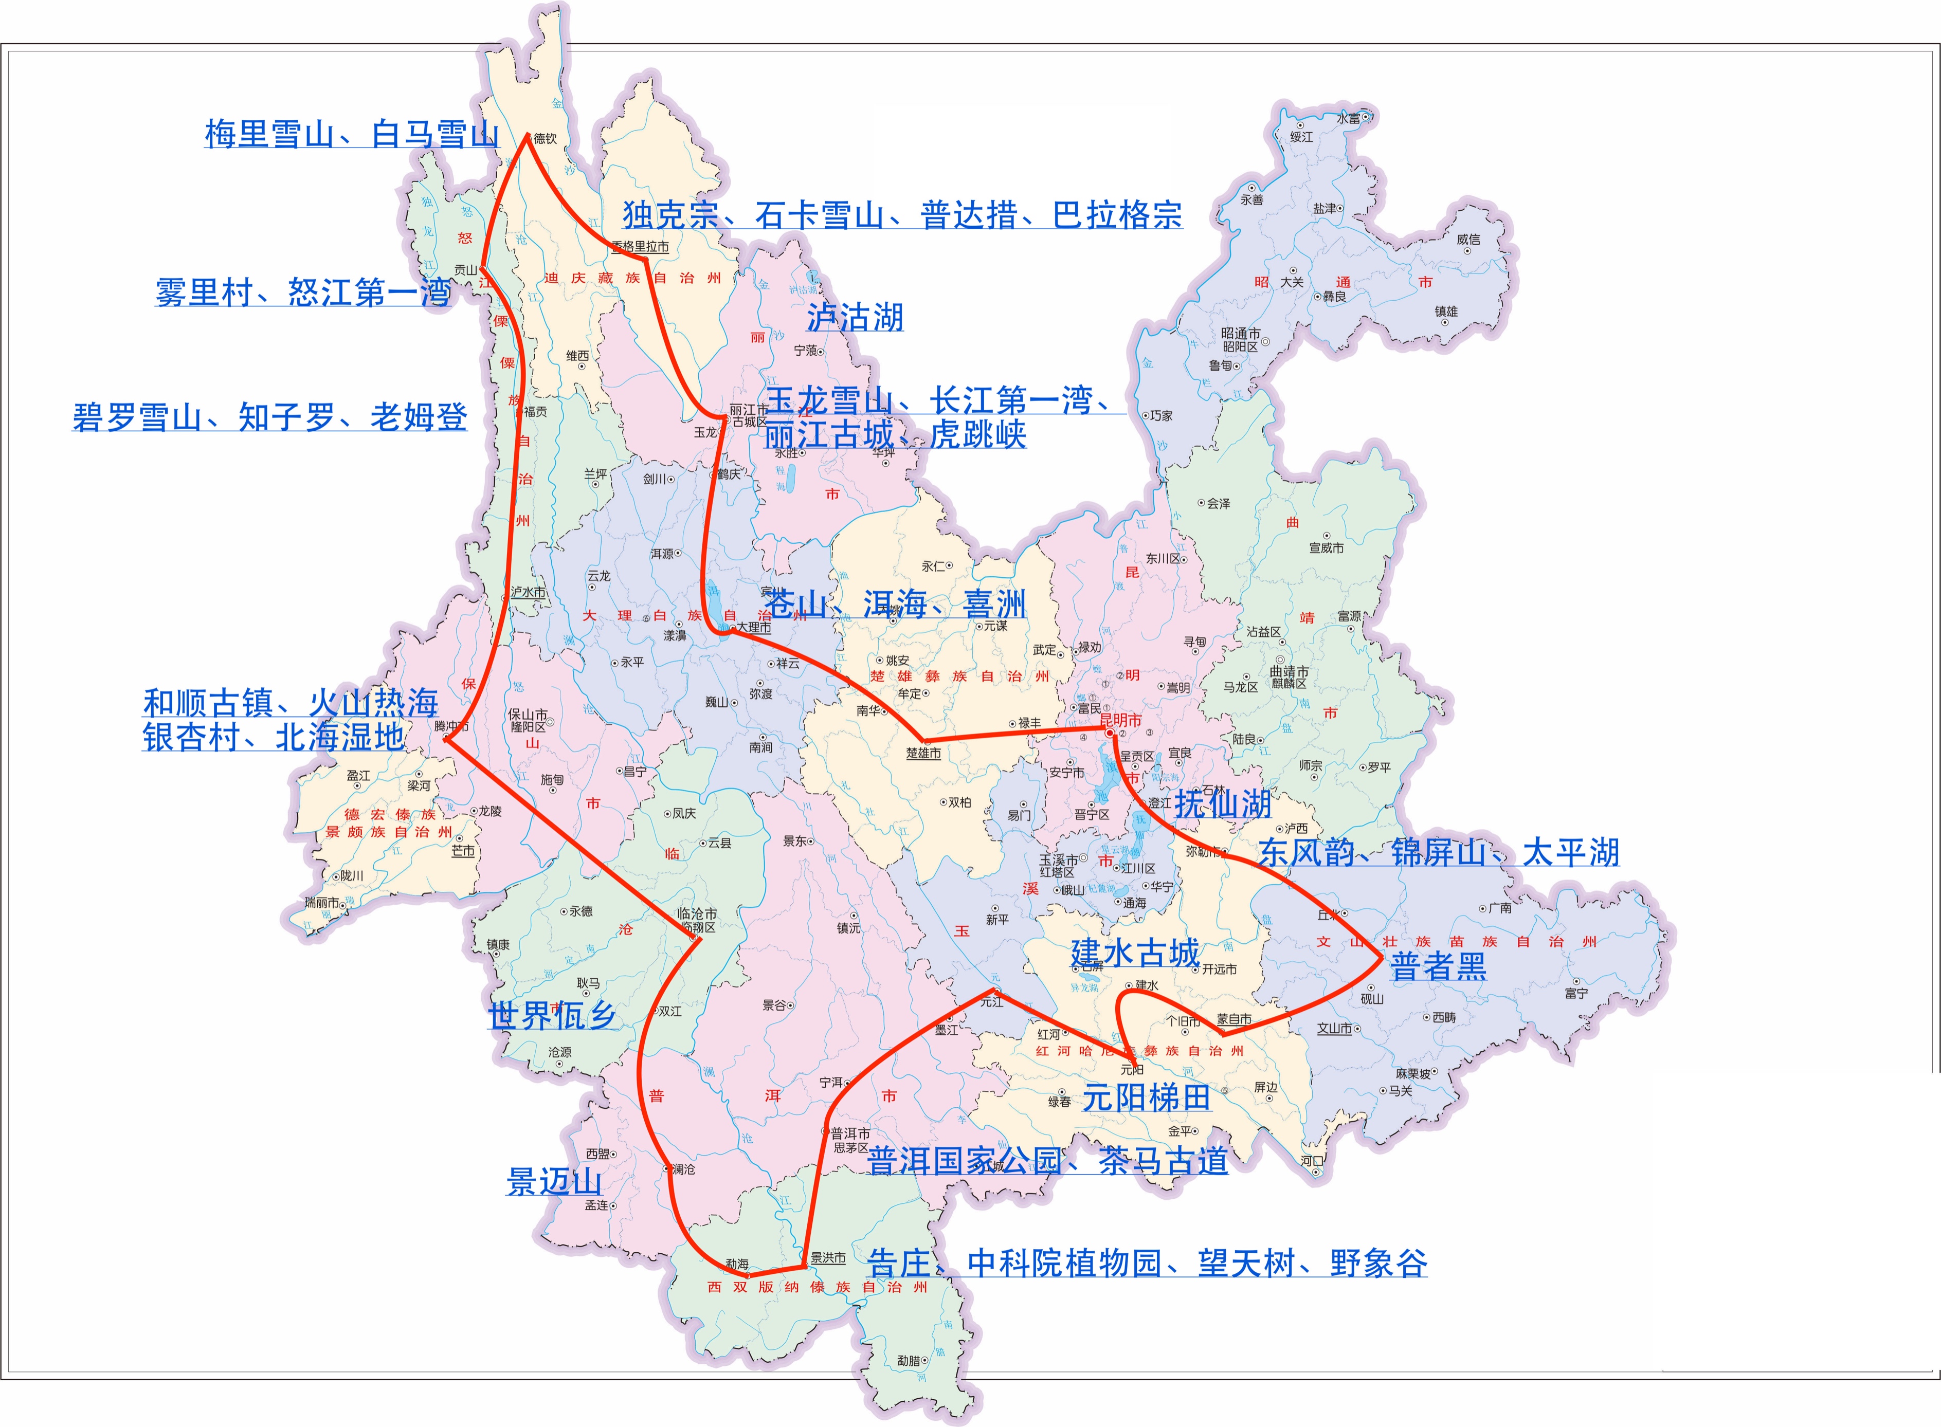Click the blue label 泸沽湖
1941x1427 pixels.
[x=855, y=317]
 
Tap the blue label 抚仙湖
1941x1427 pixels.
[x=1222, y=804]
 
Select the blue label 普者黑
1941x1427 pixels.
[x=1438, y=966]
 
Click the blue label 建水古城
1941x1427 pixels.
[x=1134, y=953]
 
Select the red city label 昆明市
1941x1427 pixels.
[x=1120, y=720]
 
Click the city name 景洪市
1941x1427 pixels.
[x=827, y=1258]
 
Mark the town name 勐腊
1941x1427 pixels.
[x=908, y=1361]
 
